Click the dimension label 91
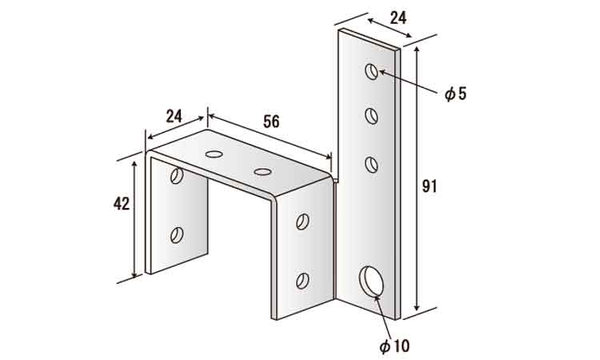[x=430, y=186]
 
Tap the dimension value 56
[x=271, y=122]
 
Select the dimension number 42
[x=122, y=204]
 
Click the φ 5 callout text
[x=455, y=94]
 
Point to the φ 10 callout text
[x=394, y=346]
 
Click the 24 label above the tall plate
[x=398, y=18]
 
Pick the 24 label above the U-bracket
[x=174, y=116]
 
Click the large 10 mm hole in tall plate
[x=371, y=281]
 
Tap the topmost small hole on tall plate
[x=371, y=71]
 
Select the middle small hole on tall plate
[x=371, y=116]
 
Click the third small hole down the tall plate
[x=371, y=165]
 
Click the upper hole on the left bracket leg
[x=177, y=176]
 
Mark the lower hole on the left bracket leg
[x=177, y=235]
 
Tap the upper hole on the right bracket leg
[x=302, y=222]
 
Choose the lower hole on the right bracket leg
[x=302, y=281]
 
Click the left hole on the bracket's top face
[x=214, y=154]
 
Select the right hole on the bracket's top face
[x=263, y=172]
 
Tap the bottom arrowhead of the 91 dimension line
[x=417, y=307]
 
